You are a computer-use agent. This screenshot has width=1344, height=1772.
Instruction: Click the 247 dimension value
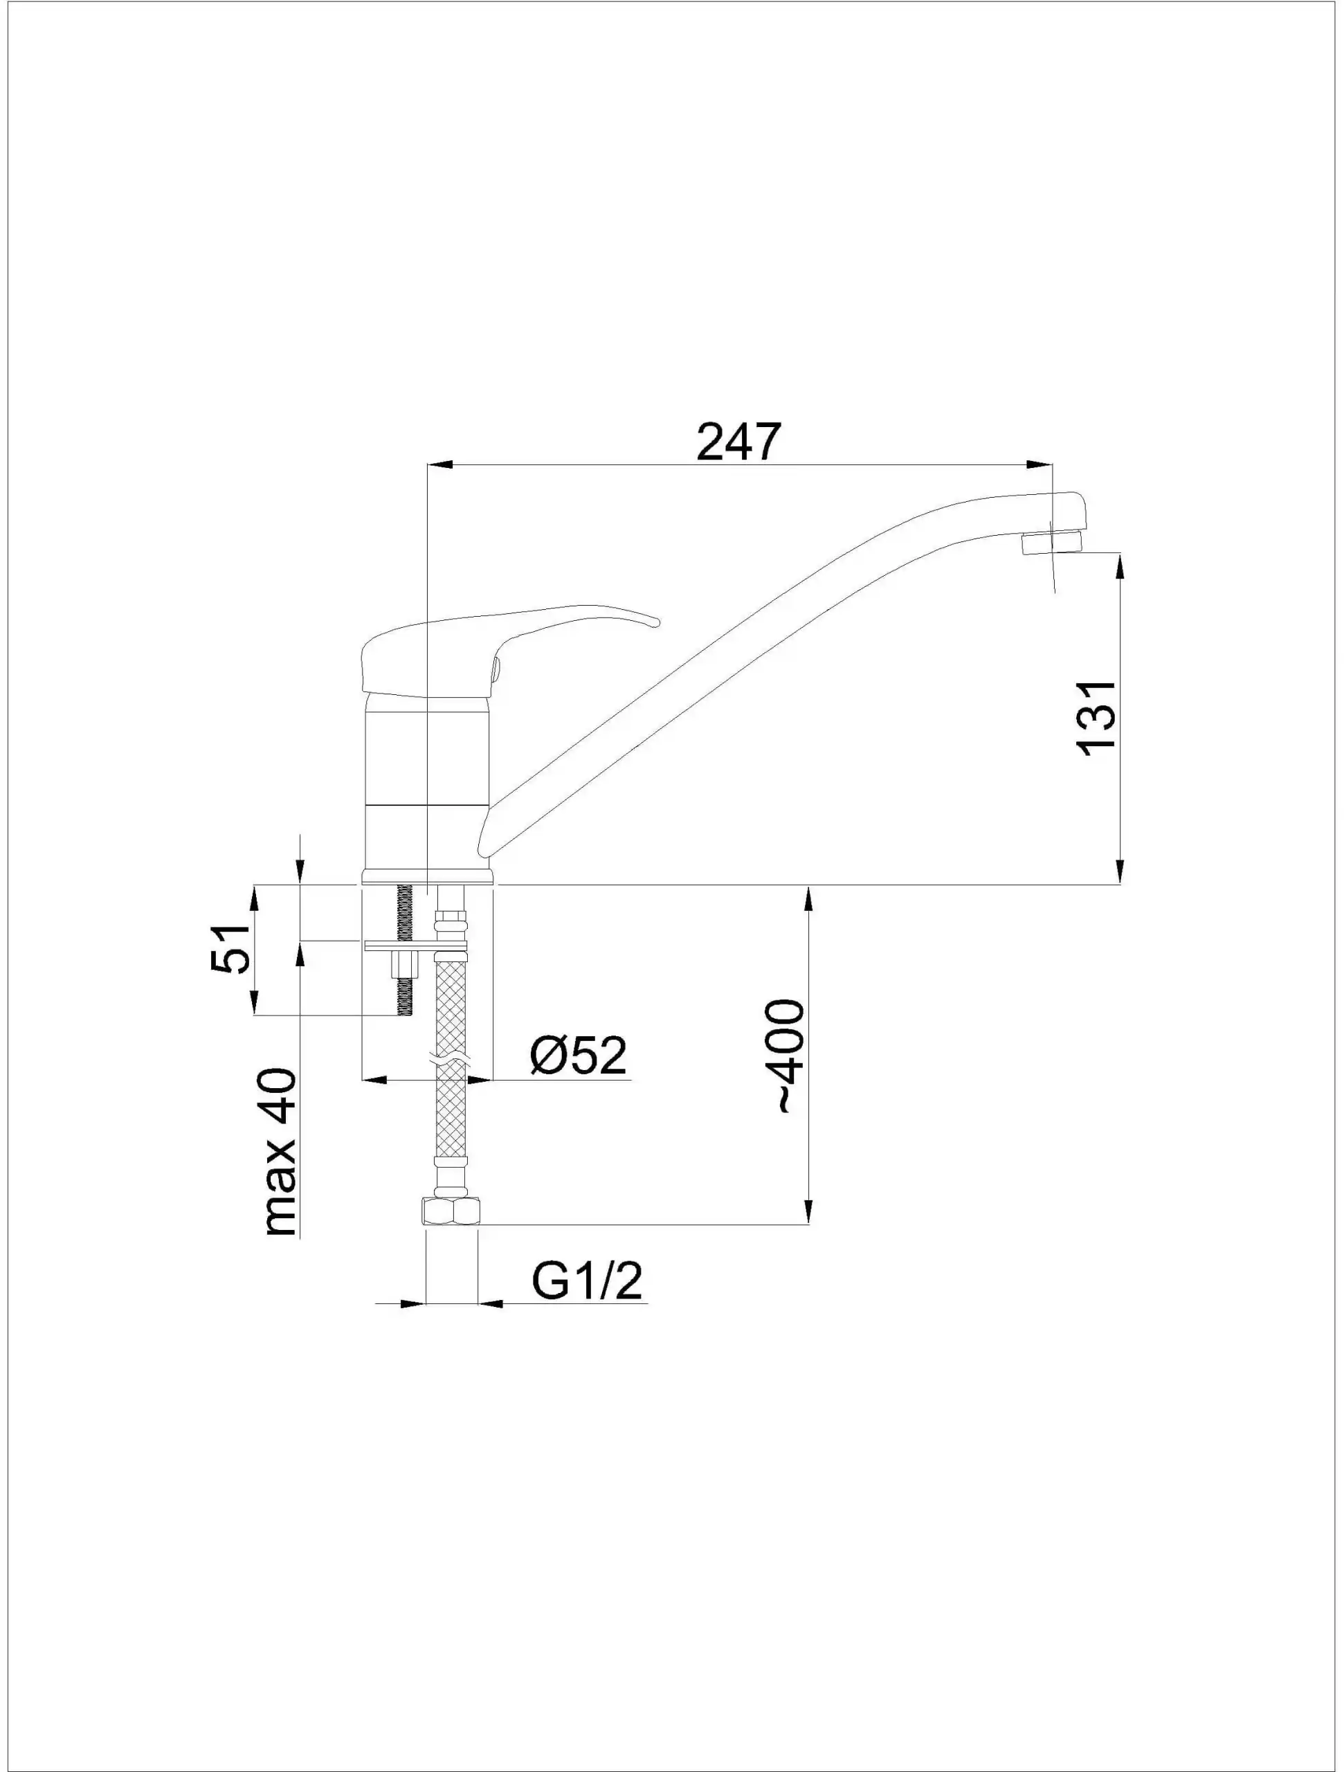point(738,442)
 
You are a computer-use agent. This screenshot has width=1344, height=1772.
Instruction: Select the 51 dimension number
point(230,948)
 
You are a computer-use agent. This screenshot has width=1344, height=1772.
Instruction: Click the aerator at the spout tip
point(1053,543)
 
